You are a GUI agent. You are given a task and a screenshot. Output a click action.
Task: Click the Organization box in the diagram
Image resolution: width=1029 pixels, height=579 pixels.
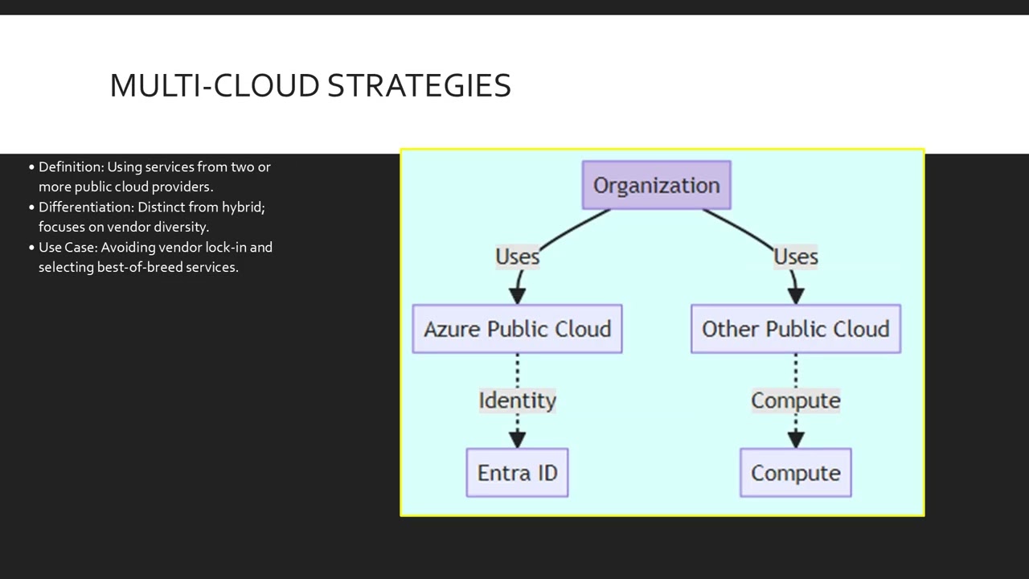click(x=656, y=185)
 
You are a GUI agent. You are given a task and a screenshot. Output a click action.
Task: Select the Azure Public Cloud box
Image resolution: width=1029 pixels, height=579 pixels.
click(x=517, y=329)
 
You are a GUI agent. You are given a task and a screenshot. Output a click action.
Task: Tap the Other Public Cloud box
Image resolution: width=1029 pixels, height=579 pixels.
click(x=795, y=329)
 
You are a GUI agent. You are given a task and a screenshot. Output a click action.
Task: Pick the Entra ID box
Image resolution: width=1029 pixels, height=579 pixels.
click(x=517, y=473)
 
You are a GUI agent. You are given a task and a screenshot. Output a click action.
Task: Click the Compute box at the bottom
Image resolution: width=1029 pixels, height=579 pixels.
click(x=795, y=473)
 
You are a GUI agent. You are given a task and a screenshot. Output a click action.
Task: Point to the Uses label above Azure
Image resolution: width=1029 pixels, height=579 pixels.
click(x=517, y=257)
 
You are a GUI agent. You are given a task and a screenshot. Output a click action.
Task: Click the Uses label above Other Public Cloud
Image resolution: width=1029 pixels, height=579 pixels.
click(x=795, y=257)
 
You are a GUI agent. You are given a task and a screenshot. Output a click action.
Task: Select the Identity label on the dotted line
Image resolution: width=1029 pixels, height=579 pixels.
click(x=517, y=400)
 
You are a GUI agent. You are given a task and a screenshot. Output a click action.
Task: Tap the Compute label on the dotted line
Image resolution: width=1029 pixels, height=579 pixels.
click(x=795, y=400)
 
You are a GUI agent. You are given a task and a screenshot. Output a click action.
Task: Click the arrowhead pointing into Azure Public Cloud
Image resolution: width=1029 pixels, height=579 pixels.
click(x=517, y=295)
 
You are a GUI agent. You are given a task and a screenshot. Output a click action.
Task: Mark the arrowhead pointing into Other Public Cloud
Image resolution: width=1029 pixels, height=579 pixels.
click(x=796, y=295)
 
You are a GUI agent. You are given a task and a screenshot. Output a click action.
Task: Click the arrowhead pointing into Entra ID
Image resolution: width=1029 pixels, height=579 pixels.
click(x=517, y=439)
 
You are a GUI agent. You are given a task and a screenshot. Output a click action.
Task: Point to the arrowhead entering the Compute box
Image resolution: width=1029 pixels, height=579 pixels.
click(x=796, y=439)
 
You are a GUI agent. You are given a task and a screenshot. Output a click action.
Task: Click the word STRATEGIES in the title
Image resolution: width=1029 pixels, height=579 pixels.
click(x=419, y=85)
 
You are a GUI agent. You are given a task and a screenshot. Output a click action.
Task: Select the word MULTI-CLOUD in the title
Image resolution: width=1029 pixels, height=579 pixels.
click(x=215, y=85)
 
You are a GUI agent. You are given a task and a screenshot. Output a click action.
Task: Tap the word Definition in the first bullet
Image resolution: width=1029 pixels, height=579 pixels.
click(x=71, y=167)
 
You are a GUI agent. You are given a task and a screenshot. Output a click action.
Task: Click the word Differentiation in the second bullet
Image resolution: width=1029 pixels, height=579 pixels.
click(x=86, y=207)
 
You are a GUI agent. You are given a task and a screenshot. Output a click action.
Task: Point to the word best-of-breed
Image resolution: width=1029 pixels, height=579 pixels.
click(x=139, y=267)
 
